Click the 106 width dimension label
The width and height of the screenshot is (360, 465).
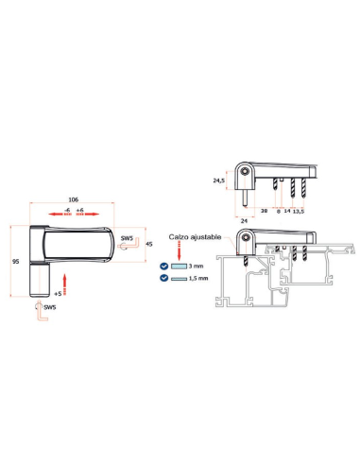pos(73,199)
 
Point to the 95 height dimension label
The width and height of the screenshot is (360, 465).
pos(16,262)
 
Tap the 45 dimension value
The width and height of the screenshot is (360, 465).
pos(149,244)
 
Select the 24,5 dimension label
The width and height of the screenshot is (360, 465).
pos(218,181)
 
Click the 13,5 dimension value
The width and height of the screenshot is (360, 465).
pos(299,211)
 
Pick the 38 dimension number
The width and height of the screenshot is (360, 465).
pos(264,211)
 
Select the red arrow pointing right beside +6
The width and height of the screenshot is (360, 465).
pos(88,215)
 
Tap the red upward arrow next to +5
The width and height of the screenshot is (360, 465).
pos(65,284)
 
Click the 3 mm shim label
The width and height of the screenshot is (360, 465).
pos(196,267)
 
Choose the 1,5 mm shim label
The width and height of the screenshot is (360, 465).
pos(198,278)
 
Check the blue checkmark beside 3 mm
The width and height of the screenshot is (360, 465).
pos(164,267)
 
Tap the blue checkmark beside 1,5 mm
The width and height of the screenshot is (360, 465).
pos(164,278)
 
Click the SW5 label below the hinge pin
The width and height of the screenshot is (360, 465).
pos(50,307)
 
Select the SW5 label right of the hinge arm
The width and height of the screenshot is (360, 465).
pos(127,238)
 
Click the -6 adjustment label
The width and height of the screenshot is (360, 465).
pos(67,210)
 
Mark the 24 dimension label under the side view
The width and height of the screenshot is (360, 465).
pos(244,221)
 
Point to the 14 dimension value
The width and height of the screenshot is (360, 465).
pos(287,211)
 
